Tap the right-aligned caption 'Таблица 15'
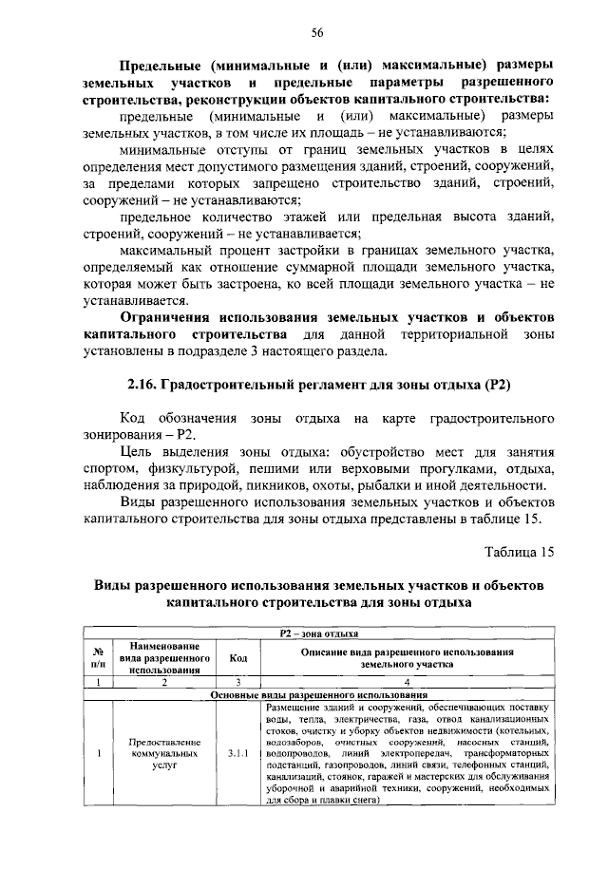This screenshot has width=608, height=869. (x=519, y=551)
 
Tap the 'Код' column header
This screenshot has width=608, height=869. (x=237, y=656)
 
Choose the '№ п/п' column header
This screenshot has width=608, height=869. (x=98, y=656)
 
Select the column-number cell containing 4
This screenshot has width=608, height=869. (x=408, y=681)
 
